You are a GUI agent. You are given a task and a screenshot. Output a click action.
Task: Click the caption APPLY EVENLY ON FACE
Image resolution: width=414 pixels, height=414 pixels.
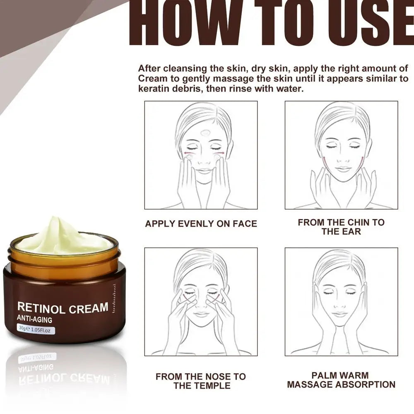[x=201, y=224]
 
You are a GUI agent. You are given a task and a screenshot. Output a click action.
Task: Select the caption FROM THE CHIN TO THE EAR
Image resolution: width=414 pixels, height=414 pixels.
[x=341, y=226]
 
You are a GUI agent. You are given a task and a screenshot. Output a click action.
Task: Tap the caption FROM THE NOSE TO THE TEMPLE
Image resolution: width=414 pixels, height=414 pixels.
[x=201, y=381]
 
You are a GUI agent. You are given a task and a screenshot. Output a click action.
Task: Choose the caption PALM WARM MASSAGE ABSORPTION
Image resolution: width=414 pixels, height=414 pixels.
[x=341, y=380]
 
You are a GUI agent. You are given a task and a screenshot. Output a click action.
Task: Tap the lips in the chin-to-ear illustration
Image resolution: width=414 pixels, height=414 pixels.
[x=343, y=169]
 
